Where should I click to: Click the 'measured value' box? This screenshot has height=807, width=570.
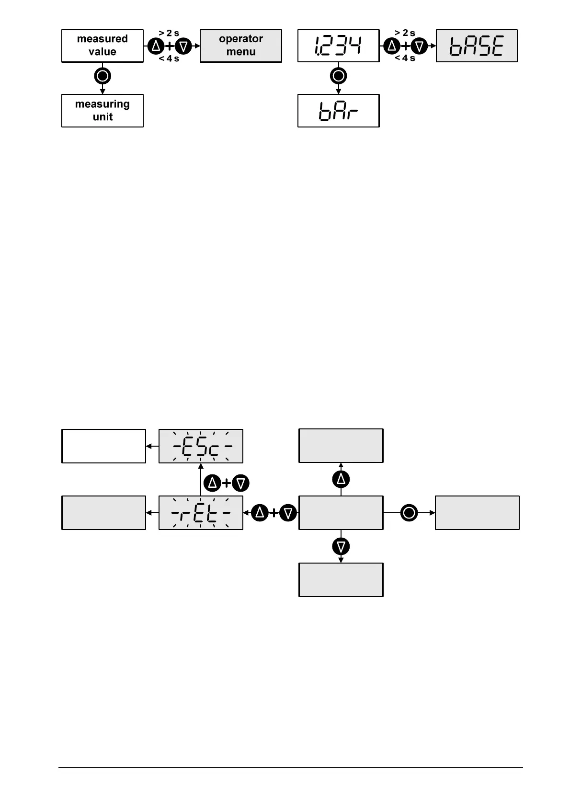coord(103,46)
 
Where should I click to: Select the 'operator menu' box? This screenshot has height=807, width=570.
coord(240,46)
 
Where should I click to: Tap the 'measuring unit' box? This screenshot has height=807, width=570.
coord(103,111)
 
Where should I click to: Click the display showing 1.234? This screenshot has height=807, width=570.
coord(338,46)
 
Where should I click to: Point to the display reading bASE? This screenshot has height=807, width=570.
coord(477,46)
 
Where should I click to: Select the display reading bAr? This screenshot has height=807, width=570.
coord(338,111)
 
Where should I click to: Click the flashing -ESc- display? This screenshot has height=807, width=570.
coord(201,446)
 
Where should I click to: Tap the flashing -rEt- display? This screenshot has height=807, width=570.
coord(201,513)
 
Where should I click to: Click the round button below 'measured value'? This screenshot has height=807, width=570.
coord(103,76)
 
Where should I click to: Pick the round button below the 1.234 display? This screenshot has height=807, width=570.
coord(339,76)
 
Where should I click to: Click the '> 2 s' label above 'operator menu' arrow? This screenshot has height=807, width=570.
coord(169,33)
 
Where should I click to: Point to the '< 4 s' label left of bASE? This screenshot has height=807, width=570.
coord(405,58)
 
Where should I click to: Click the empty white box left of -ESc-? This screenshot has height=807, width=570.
coord(103,446)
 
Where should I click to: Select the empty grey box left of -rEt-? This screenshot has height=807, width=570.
coord(103,513)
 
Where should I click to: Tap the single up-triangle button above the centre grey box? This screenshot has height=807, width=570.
coord(341,479)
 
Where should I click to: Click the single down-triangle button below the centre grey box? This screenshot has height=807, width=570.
coord(341,546)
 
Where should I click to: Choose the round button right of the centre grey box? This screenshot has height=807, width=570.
coord(409,513)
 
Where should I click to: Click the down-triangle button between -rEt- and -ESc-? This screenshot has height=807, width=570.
coord(240,483)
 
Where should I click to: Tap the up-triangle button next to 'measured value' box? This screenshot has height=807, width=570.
coord(155,46)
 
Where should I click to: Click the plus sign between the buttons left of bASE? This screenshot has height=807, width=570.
coord(406,46)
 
